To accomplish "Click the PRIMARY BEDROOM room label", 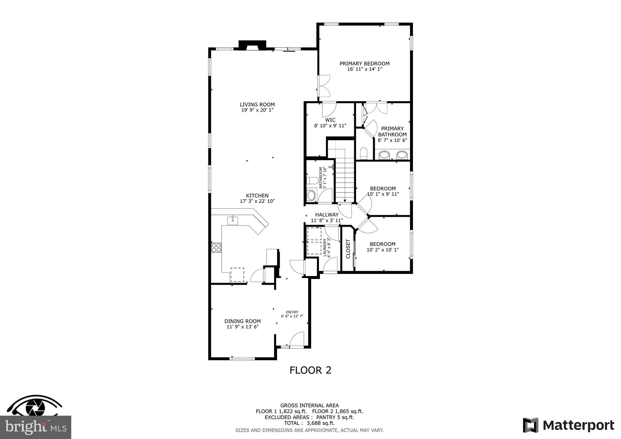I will coord(364,64).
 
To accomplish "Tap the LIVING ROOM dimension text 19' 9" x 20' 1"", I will coord(257,110).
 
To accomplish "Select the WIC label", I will coord(330,120).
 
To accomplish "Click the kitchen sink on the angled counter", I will coord(233,220).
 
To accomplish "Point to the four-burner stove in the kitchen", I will coord(216,248).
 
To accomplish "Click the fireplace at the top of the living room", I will coord(252,45).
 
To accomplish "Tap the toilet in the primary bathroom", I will coord(364,153).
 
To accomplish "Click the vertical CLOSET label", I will coord(348,249).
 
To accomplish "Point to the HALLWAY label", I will coord(327,215).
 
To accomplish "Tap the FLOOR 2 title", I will coord(310,370).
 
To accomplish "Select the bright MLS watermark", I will coord(35,427).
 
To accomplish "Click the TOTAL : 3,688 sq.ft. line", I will coord(309,423).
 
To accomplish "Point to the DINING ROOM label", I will coord(242,321).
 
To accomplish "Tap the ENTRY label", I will coord(292,312).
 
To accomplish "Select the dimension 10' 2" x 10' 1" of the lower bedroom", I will coord(382,250).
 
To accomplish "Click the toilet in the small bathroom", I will coord(312,181).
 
